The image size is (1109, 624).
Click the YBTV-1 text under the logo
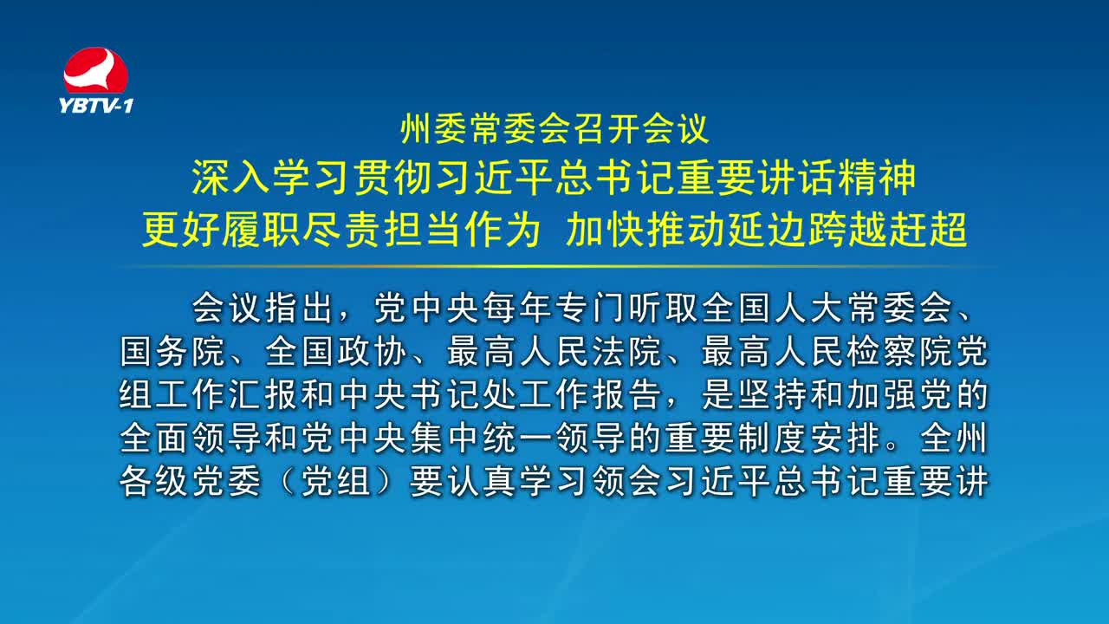coord(96,106)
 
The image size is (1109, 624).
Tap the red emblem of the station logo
coord(95,70)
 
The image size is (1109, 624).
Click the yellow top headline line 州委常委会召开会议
coord(555,129)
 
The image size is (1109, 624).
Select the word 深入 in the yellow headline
coord(230,178)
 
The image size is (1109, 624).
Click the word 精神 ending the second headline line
coord(878,178)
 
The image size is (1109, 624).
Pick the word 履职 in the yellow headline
coord(261,230)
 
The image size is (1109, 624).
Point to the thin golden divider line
coord(554,266)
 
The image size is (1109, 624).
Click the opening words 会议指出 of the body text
coord(262,308)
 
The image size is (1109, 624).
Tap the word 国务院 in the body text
coord(172,352)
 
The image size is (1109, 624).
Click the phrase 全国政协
coord(335,352)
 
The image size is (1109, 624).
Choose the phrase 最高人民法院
coord(554,352)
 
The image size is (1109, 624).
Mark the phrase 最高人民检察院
coord(827,352)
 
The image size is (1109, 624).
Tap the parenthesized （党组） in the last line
coord(335,481)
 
